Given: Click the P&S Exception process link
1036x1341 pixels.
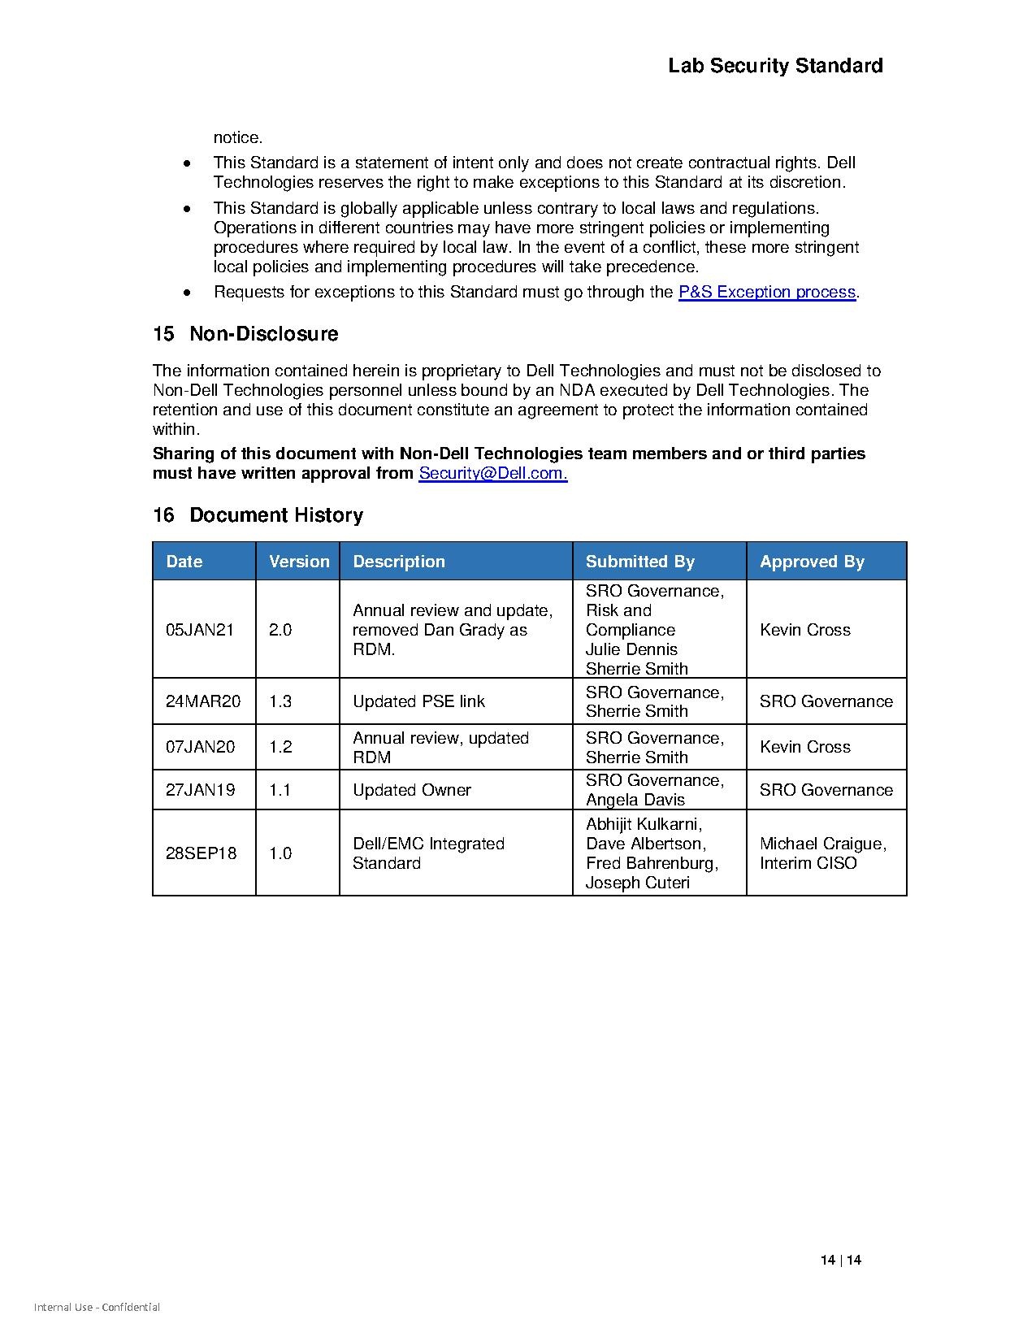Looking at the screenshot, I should tap(767, 292).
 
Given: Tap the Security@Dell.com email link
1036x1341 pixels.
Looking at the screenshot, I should tap(492, 473).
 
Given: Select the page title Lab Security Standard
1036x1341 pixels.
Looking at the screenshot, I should tap(775, 66).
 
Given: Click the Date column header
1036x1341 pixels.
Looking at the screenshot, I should tap(184, 562).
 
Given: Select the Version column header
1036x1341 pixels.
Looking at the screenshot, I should tap(299, 562).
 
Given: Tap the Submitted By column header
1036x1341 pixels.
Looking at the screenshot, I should tap(639, 562).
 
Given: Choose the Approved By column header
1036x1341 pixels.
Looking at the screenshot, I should tap(812, 562).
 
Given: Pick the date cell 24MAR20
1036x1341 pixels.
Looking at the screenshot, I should tap(203, 701).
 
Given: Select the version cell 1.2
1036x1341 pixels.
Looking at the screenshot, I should tap(280, 747).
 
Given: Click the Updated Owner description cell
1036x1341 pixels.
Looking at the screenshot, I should tap(411, 790).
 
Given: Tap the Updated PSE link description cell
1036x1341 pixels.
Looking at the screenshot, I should tap(418, 701).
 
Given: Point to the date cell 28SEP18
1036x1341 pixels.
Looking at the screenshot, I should tap(202, 853).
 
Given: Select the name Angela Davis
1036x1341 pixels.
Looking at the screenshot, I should tap(635, 800).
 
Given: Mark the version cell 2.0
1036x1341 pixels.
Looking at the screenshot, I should tap(280, 630).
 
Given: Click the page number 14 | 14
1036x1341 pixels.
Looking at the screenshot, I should tap(841, 1261).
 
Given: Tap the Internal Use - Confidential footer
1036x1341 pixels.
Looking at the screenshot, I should tap(97, 1308).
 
